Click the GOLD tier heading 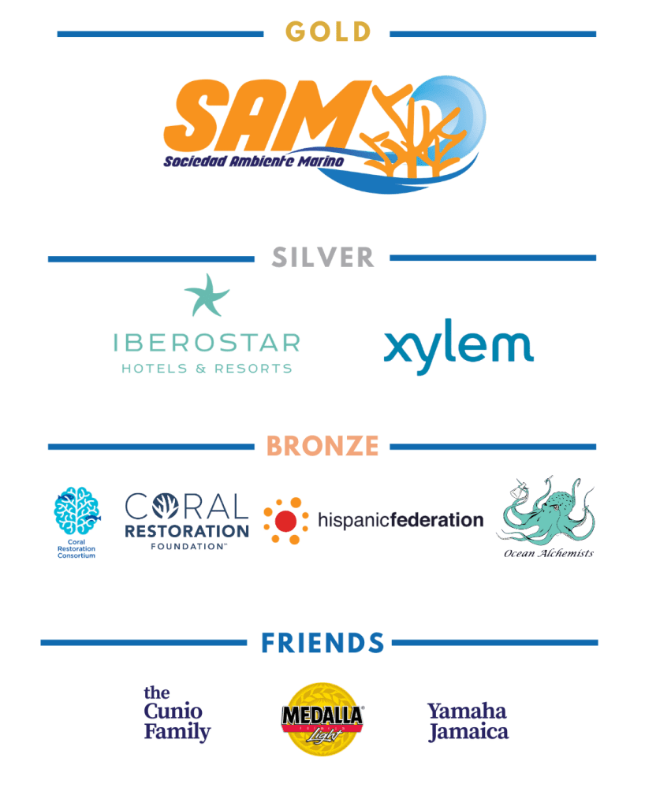[x=327, y=32]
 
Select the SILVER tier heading [x=322, y=257]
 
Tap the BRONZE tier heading [x=322, y=445]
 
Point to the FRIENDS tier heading [x=322, y=642]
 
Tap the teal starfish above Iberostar [x=207, y=295]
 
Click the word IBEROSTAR [x=207, y=343]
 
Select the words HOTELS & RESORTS [x=207, y=368]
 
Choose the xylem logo [x=458, y=347]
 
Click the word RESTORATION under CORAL [x=187, y=531]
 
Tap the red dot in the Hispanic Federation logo [x=286, y=521]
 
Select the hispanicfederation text [x=400, y=520]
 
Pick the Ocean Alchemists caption [x=549, y=553]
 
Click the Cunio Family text [x=177, y=713]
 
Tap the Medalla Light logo [x=322, y=718]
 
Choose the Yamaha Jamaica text [x=468, y=721]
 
